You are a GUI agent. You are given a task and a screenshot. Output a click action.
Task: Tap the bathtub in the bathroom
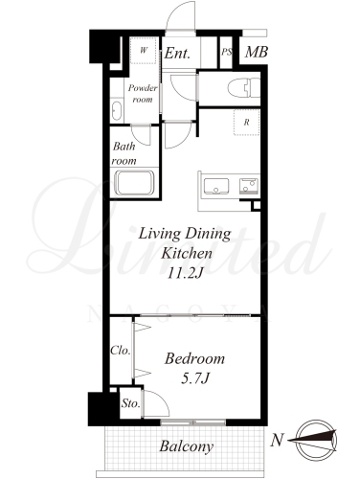click(135, 183)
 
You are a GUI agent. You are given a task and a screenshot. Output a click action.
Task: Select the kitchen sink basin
click(216, 186)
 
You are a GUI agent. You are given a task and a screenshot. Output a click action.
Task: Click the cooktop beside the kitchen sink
click(249, 186)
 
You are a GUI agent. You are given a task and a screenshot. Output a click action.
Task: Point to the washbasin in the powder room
click(117, 111)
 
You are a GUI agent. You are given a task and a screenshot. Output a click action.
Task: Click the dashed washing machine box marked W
click(144, 51)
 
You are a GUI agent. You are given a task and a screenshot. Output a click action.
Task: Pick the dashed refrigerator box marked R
click(246, 122)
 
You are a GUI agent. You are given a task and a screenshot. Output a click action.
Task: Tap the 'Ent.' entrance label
click(177, 53)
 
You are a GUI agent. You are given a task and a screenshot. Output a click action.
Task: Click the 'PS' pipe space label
click(226, 52)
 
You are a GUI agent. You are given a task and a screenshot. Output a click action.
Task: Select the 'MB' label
click(257, 52)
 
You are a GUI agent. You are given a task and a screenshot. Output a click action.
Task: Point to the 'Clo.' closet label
click(121, 351)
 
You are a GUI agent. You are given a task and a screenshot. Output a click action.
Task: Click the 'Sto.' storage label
click(130, 403)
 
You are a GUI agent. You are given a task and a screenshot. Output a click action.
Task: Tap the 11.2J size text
click(186, 273)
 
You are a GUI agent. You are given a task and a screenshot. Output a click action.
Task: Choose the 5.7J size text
click(194, 378)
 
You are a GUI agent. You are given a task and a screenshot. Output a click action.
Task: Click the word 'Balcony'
click(187, 446)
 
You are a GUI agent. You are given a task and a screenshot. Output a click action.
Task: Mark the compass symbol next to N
click(316, 441)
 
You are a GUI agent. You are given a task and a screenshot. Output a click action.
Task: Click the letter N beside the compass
click(277, 441)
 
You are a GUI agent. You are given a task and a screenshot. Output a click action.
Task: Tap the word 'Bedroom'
click(194, 359)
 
